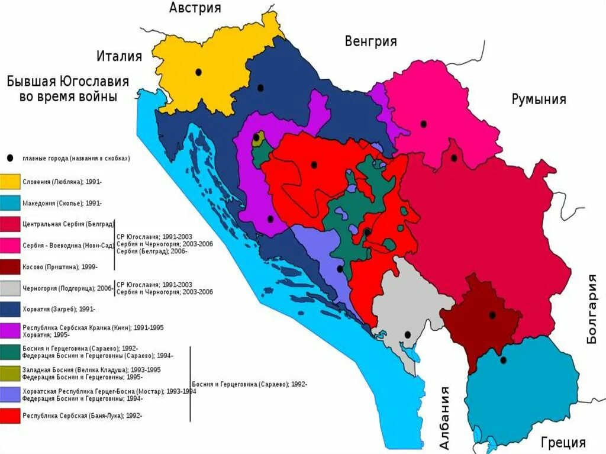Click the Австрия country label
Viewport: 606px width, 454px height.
(195, 8)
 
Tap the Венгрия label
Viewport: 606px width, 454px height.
(370, 41)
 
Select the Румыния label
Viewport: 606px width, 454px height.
(539, 99)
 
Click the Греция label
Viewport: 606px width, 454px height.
(563, 442)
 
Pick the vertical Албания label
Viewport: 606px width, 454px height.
(444, 418)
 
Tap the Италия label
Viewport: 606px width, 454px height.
(119, 56)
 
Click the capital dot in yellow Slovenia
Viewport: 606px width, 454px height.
(199, 72)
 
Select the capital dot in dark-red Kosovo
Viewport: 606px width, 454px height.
(492, 315)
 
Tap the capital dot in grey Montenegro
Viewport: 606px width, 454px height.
(407, 335)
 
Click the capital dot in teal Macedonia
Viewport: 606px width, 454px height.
(503, 360)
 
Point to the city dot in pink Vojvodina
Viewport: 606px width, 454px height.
(423, 124)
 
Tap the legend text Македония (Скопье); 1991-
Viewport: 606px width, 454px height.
(62, 203)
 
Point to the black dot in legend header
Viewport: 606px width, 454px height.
(11, 159)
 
